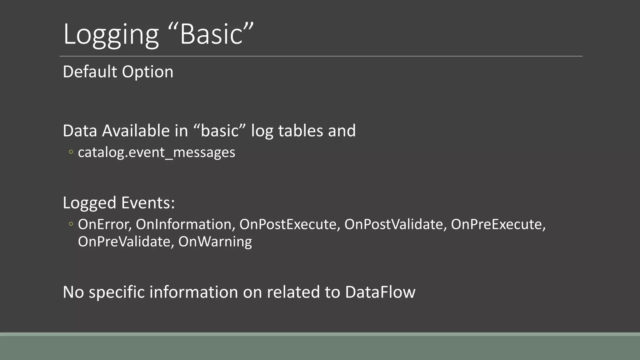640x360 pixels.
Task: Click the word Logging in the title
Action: [111, 34]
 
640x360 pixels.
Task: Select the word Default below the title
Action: [90, 72]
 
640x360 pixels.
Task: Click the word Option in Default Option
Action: [147, 72]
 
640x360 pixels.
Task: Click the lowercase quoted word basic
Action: [220, 130]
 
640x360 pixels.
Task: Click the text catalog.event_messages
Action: [156, 152]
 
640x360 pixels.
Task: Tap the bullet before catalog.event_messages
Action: [71, 152]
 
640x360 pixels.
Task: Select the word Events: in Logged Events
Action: [148, 202]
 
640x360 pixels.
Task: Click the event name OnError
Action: [104, 224]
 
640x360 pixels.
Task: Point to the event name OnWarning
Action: [215, 242]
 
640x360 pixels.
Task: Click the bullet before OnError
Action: [71, 224]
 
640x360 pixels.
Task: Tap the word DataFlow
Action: [380, 292]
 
